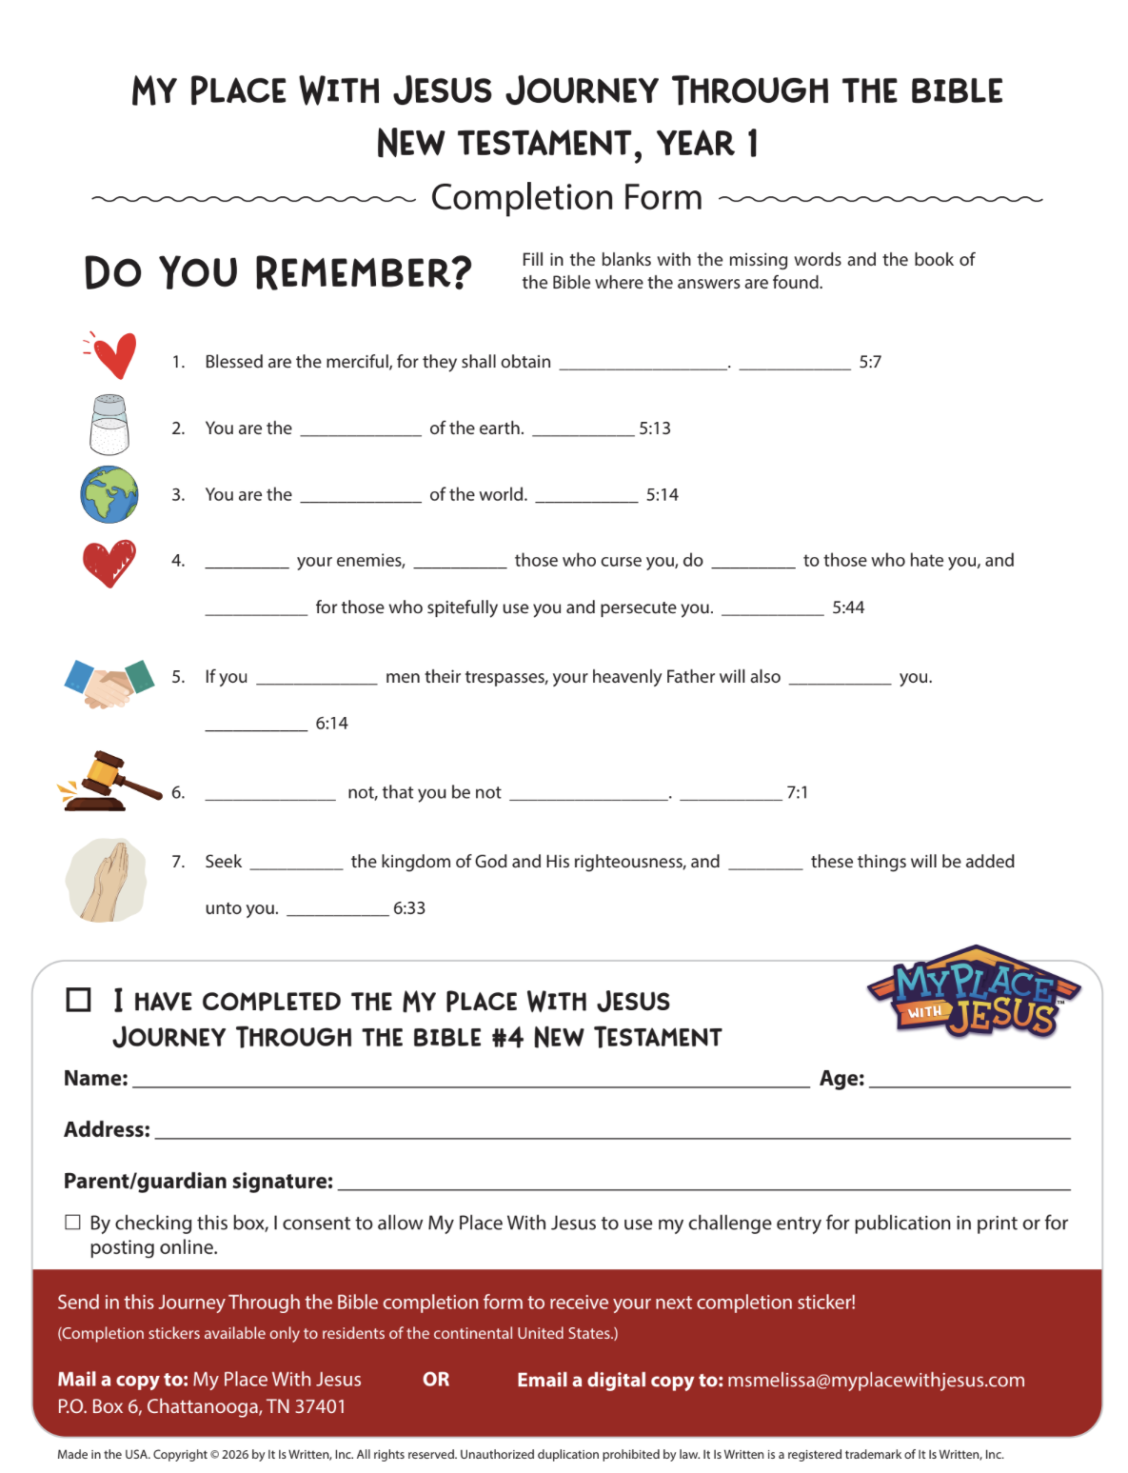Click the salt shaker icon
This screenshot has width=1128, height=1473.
tap(109, 425)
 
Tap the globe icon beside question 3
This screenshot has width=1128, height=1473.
tap(109, 494)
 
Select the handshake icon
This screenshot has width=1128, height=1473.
tap(109, 682)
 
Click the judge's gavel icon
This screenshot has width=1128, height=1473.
tap(109, 782)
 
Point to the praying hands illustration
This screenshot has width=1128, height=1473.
tap(107, 881)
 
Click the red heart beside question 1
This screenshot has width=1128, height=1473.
tap(113, 355)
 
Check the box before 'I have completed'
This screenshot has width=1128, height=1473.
tap(78, 1000)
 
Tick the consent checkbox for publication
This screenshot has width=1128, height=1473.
tap(72, 1223)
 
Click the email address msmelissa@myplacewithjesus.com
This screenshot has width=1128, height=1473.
tap(876, 1380)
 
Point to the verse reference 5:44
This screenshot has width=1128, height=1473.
tap(848, 607)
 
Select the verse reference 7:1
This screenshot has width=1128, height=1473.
tap(797, 792)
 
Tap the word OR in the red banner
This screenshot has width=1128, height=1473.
tap(436, 1380)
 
